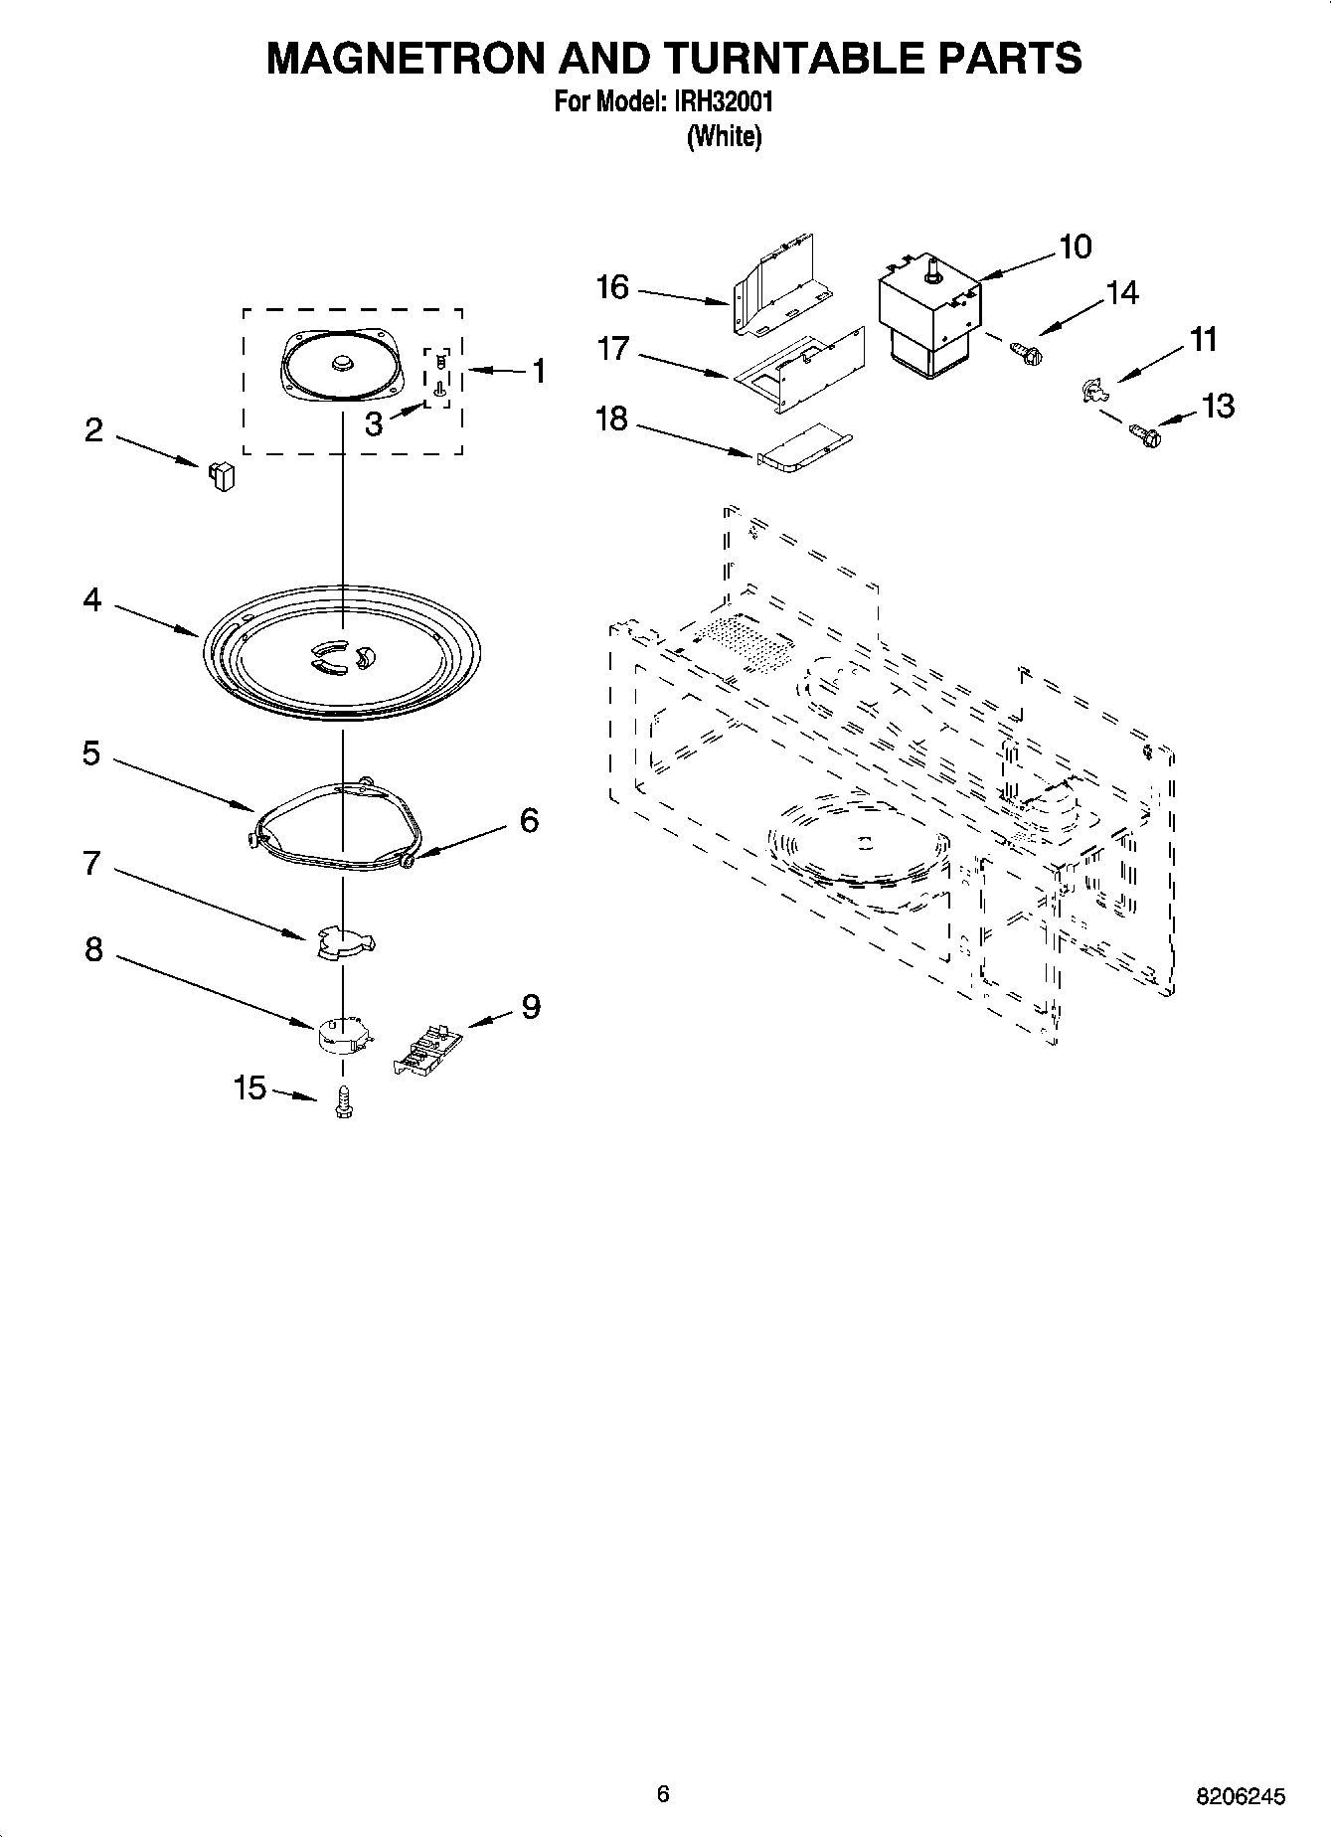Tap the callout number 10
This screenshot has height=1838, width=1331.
(x=1075, y=247)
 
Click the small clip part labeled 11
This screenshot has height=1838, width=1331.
(x=1092, y=390)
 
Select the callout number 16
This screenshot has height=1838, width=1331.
(x=612, y=287)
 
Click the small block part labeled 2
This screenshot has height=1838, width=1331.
(x=222, y=476)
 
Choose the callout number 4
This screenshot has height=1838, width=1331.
(x=91, y=600)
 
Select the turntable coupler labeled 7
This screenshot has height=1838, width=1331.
(x=343, y=942)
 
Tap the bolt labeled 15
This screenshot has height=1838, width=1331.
(x=344, y=1101)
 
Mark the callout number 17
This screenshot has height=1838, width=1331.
(x=613, y=350)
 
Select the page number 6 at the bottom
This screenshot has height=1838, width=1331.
(x=663, y=1793)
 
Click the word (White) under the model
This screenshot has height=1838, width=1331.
(x=724, y=137)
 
